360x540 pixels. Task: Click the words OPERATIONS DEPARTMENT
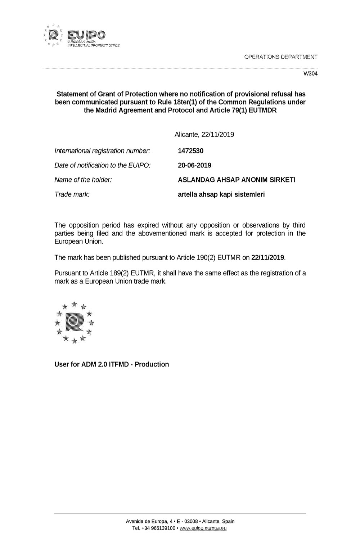click(x=280, y=57)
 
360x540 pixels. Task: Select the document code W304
click(x=311, y=73)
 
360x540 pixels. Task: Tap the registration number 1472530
click(x=190, y=151)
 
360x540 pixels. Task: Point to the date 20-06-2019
click(x=194, y=165)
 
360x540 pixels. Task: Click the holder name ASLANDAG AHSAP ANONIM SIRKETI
click(x=236, y=180)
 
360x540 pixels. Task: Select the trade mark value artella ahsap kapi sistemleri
click(x=221, y=194)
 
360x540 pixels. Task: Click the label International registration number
click(x=102, y=151)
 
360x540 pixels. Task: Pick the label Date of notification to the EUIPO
click(x=102, y=165)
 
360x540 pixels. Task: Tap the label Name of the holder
click(x=83, y=180)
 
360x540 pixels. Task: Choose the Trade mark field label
click(x=72, y=194)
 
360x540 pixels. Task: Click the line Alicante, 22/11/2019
click(x=204, y=135)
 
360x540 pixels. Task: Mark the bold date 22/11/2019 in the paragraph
click(x=268, y=257)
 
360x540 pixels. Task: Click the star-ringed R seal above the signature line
click(x=74, y=322)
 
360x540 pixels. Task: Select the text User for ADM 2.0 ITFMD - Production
click(x=112, y=364)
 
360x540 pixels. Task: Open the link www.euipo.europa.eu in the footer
click(x=203, y=528)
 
